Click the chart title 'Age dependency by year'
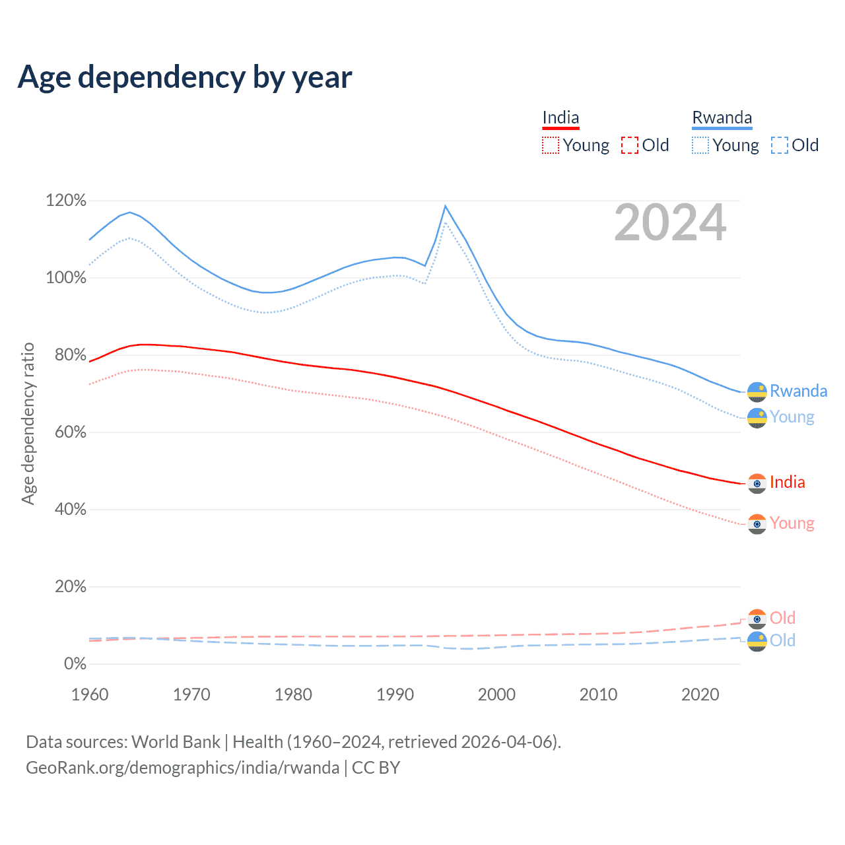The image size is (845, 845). point(185,77)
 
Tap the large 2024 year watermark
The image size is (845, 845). point(670,223)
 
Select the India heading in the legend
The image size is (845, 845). point(560,118)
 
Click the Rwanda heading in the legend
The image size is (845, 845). point(722,118)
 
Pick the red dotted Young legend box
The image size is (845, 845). point(551,145)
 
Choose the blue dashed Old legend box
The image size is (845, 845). point(780,145)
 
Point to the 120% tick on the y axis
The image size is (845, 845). point(66,201)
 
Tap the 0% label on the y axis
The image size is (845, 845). point(75,664)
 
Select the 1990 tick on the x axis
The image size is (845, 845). point(395,694)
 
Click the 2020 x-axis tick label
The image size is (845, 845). point(700,694)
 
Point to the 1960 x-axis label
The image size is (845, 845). point(90,694)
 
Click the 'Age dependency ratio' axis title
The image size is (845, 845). point(28,423)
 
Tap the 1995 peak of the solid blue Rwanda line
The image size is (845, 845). point(446,206)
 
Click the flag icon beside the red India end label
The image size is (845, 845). point(757,483)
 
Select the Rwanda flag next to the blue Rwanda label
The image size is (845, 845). point(757,391)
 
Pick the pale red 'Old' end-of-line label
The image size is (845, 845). point(782,618)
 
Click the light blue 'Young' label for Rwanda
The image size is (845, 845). point(792,417)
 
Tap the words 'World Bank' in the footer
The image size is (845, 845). point(176,742)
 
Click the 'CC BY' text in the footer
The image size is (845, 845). point(376,768)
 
